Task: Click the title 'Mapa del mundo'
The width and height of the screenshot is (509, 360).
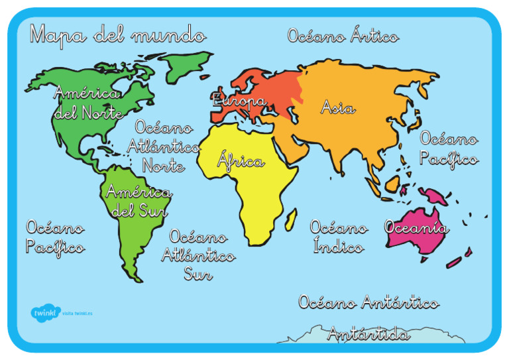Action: coord(117,34)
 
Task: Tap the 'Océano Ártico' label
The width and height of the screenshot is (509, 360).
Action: coord(343,36)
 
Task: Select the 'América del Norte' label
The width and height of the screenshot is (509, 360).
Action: coord(87,103)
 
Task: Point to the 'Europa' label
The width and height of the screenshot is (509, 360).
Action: coord(239,101)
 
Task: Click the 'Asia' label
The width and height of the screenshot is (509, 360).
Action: coord(338,107)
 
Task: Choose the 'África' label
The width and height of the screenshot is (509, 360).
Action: coord(241,161)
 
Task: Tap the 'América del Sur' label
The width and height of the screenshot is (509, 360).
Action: coord(138,202)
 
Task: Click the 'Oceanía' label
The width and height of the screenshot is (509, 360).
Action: coord(416,227)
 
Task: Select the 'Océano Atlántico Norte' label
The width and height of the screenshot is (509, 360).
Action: coord(164,146)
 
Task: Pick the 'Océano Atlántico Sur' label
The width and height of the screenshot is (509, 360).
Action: coord(198,255)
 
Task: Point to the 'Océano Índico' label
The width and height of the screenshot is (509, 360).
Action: coord(339,237)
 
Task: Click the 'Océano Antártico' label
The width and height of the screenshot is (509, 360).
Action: coord(368,303)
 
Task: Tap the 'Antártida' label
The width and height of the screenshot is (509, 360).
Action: coord(368,334)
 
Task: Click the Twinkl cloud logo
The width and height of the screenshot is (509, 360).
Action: coord(44,312)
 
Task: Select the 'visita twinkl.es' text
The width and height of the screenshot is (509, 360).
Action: coord(78,313)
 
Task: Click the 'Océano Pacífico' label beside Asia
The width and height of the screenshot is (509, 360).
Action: coord(449,149)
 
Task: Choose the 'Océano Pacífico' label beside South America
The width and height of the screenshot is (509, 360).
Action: coord(55,237)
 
